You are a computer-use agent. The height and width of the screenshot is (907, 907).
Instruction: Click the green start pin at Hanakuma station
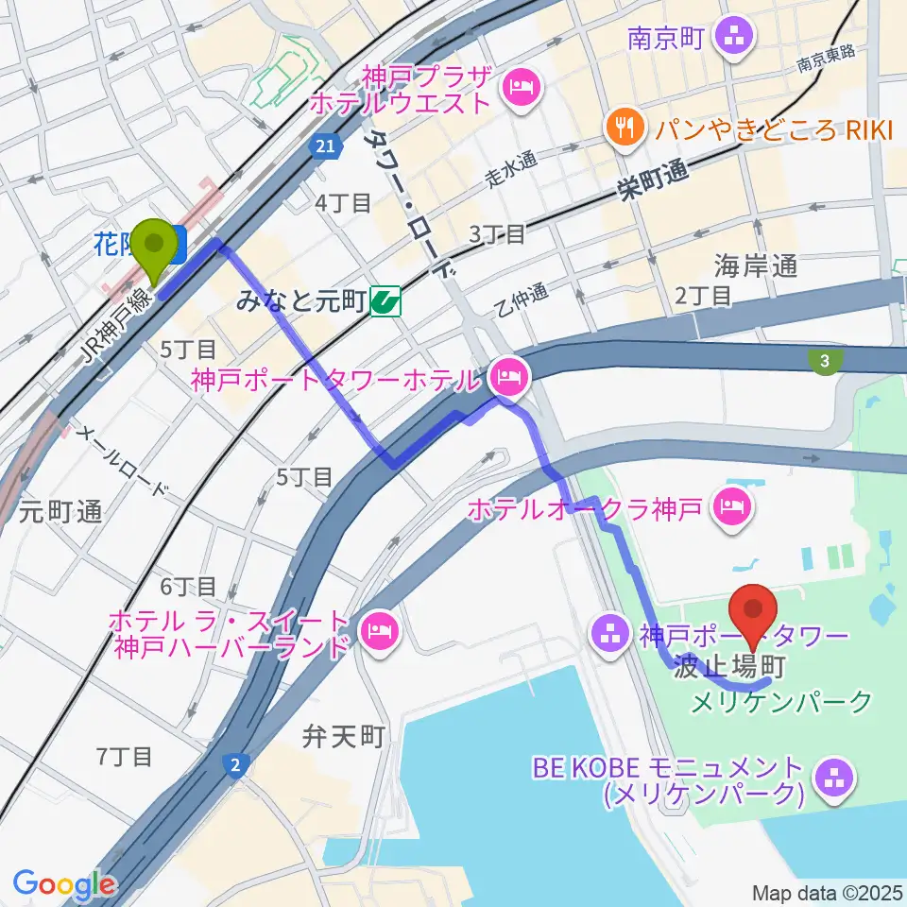pos(151,248)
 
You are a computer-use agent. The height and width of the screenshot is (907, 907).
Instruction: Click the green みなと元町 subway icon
pos(385,301)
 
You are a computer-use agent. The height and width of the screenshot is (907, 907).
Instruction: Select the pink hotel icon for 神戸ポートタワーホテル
pos(509,380)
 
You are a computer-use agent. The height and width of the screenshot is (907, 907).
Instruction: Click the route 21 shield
pos(324,145)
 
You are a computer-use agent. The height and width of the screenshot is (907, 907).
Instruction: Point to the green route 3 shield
pos(825,360)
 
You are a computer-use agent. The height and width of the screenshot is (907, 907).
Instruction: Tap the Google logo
pos(64,883)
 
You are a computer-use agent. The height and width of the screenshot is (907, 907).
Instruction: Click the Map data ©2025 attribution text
pos(827,893)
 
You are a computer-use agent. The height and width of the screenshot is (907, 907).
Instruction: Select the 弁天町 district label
pos(345,736)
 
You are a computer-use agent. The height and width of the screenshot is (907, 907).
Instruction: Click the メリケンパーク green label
pos(781,702)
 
